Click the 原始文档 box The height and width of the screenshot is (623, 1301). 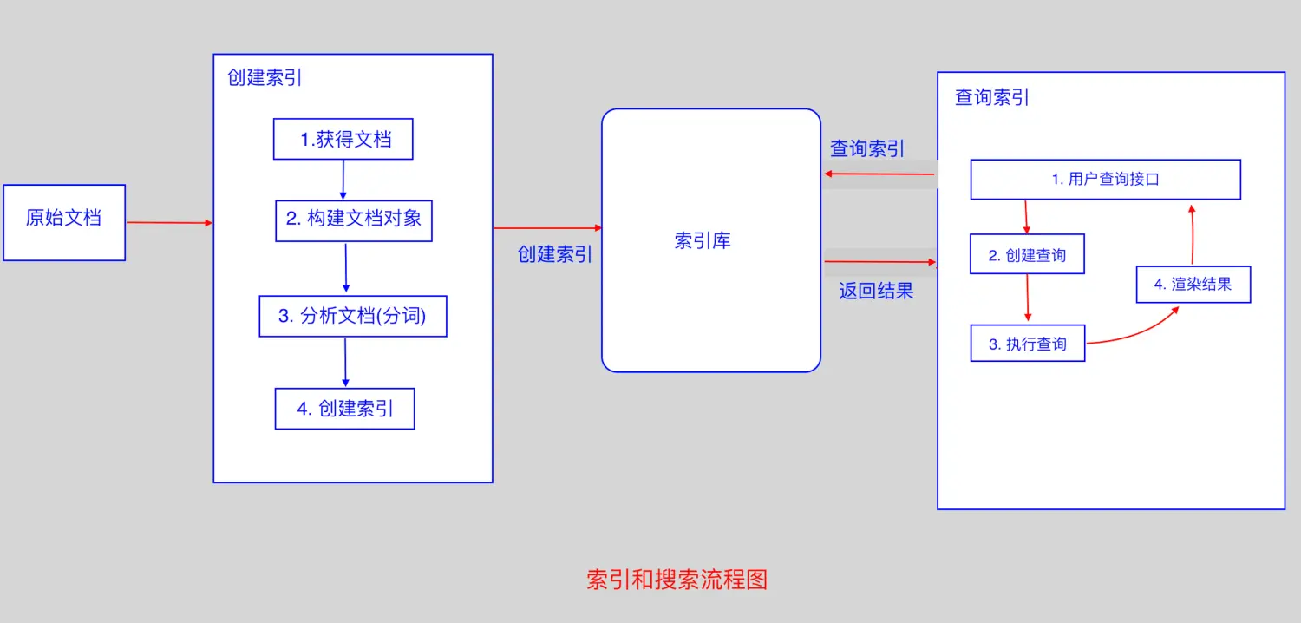pos(64,222)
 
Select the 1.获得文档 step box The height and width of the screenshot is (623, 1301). pos(343,139)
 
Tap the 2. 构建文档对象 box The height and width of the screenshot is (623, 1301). pos(354,220)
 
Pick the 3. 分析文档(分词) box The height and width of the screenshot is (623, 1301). pos(353,316)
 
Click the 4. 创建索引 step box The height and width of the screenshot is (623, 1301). pos(344,408)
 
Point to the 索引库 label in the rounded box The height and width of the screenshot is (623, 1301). pos(703,241)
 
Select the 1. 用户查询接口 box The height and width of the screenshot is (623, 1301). pos(1105,180)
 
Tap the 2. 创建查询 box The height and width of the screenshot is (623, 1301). pos(1027,254)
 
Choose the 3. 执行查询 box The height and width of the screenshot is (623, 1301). pos(1027,344)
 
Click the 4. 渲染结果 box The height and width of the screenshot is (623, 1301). pos(1193,284)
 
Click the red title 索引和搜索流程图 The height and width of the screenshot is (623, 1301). pos(677,580)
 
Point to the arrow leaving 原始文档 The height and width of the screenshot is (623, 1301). pos(169,223)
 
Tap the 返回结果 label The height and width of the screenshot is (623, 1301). pos(876,291)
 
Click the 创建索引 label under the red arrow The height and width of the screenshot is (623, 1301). pos(555,254)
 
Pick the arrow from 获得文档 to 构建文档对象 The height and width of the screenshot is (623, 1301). pos(343,180)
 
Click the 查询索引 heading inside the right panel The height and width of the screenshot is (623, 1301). pos(991,97)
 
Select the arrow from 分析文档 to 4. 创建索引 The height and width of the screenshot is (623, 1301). pos(345,362)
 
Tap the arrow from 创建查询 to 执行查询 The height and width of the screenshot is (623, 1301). pos(1027,298)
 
